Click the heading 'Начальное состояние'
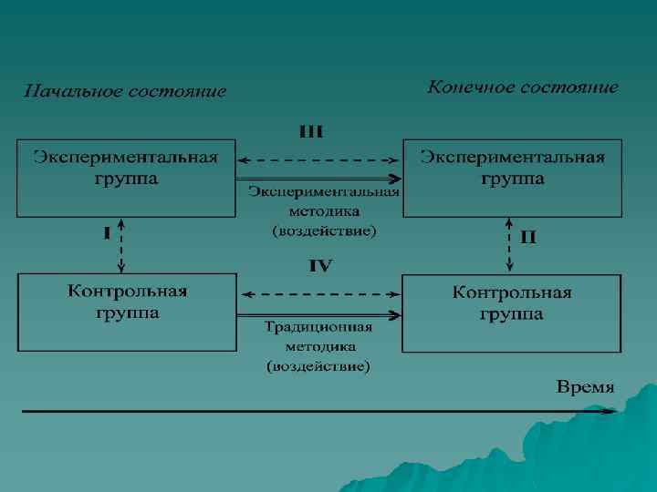(x=124, y=91)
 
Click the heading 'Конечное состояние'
(x=523, y=87)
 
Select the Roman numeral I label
(x=107, y=232)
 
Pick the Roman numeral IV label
(x=319, y=266)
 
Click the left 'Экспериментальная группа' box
(x=126, y=178)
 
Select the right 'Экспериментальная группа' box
(x=512, y=178)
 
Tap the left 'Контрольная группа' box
(x=127, y=312)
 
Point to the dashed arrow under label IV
(x=319, y=294)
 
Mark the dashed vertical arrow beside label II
(x=509, y=244)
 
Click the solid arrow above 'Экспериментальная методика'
(x=319, y=179)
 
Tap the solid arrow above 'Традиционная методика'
(x=319, y=314)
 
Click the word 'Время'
(x=586, y=387)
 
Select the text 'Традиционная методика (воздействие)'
(x=318, y=346)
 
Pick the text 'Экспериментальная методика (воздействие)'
(x=324, y=211)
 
